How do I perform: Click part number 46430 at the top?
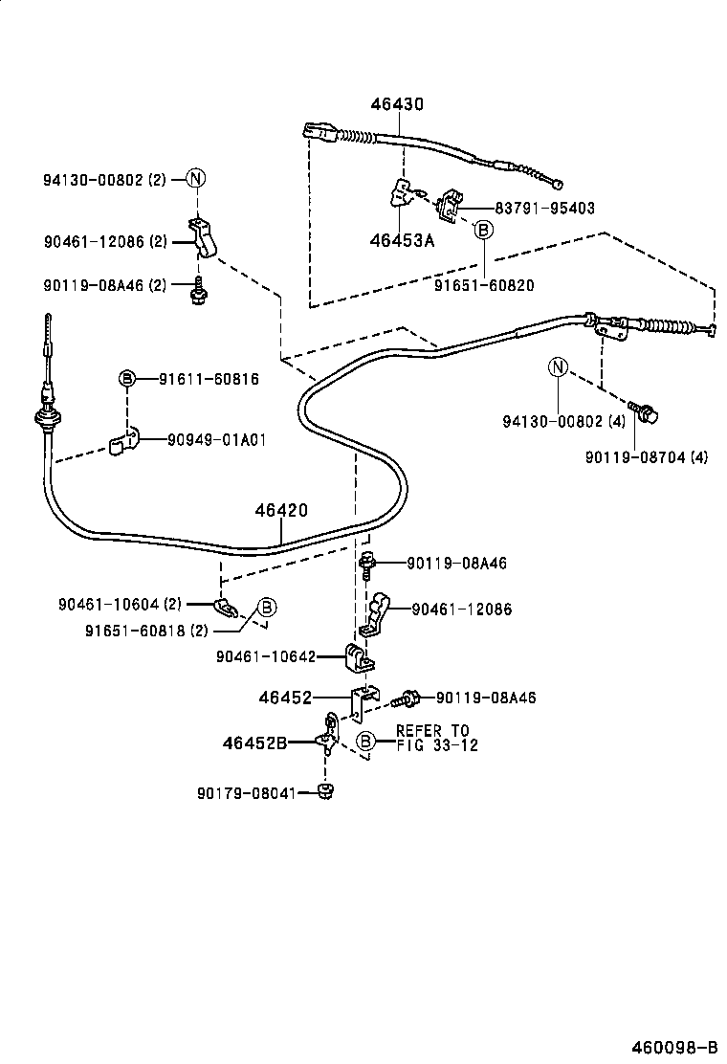click(x=397, y=104)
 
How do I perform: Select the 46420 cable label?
click(x=281, y=511)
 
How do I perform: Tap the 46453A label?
click(x=402, y=240)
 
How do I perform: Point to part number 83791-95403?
click(x=545, y=208)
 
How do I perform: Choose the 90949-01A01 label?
click(x=216, y=440)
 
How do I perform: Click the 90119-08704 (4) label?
click(x=647, y=457)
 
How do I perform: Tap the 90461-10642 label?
click(x=265, y=656)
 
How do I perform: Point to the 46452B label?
click(x=254, y=742)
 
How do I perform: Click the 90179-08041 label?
click(x=246, y=792)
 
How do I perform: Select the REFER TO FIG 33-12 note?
click(x=436, y=738)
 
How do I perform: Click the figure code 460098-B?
click(x=673, y=1045)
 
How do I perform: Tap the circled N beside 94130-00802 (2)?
click(x=195, y=178)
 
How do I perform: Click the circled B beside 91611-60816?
click(x=126, y=379)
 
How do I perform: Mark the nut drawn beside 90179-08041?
click(x=325, y=791)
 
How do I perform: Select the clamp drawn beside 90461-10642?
click(x=358, y=657)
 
